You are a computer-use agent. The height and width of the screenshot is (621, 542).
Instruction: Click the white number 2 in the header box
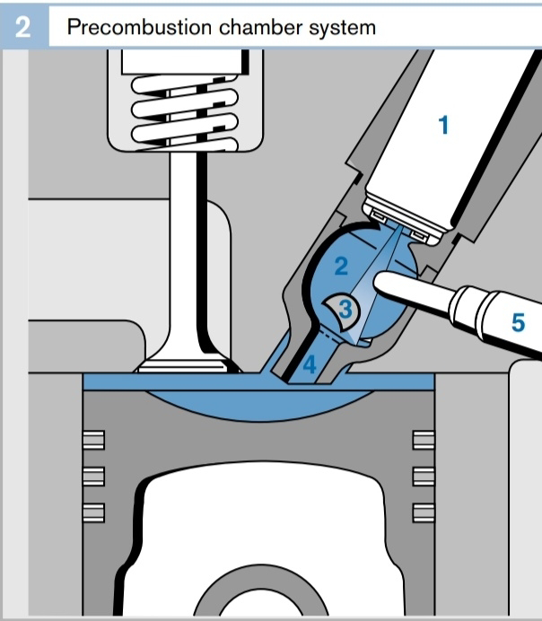[x=22, y=27]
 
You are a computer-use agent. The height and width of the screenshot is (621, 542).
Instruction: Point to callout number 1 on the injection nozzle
[x=444, y=125]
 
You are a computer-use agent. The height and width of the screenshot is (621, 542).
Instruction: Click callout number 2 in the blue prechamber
[x=341, y=266]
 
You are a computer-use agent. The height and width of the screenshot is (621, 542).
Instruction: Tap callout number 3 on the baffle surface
[x=345, y=309]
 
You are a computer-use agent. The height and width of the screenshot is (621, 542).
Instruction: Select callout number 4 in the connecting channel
[x=310, y=364]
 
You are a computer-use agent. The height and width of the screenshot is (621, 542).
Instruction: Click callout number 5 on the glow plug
[x=519, y=322]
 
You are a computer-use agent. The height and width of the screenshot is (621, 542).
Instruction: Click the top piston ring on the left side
[x=94, y=440]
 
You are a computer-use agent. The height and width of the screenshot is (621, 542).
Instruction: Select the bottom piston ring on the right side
[x=424, y=513]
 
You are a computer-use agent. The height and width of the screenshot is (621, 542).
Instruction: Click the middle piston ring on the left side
[x=94, y=477]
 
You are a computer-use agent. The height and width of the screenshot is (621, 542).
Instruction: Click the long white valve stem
[x=183, y=253]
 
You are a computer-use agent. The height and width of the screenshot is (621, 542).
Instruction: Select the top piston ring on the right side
[x=424, y=440]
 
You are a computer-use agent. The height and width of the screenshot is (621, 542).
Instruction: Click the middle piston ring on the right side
[x=424, y=477]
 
